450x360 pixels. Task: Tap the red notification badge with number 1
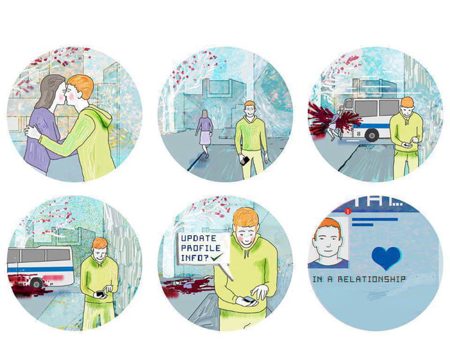coord(348,212)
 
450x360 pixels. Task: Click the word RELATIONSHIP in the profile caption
coord(372,279)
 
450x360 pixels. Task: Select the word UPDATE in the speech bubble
coord(198,239)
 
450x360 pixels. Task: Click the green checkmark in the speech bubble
coord(216,257)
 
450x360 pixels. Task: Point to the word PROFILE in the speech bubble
coord(201,248)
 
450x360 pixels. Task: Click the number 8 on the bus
coord(358,134)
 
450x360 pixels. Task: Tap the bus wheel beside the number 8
coord(372,136)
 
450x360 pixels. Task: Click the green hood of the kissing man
coord(100,116)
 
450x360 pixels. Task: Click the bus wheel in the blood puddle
coord(37,283)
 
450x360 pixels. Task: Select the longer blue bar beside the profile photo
coord(375,219)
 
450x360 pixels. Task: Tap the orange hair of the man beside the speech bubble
coord(246,217)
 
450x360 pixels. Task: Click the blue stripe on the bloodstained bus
coord(40,269)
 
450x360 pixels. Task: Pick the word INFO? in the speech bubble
coord(195,258)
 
